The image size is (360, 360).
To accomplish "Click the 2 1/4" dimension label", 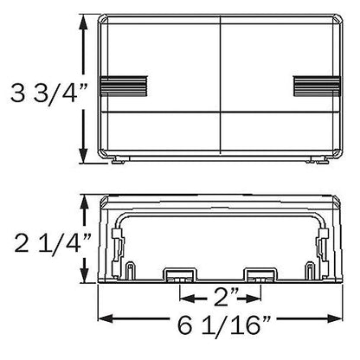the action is coord(53,242).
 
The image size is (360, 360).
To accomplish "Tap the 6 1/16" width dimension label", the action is coord(224,325).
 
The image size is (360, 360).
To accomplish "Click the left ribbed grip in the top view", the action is coord(123,86).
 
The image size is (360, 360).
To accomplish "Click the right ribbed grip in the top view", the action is coord(317,86).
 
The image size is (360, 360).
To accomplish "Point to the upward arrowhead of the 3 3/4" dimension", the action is coord(83,22).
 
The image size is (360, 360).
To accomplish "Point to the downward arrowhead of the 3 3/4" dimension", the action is coord(83,156).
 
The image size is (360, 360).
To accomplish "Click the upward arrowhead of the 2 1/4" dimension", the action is coord(84,202).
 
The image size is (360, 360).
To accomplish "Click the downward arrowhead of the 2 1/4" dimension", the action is coord(84,275).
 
